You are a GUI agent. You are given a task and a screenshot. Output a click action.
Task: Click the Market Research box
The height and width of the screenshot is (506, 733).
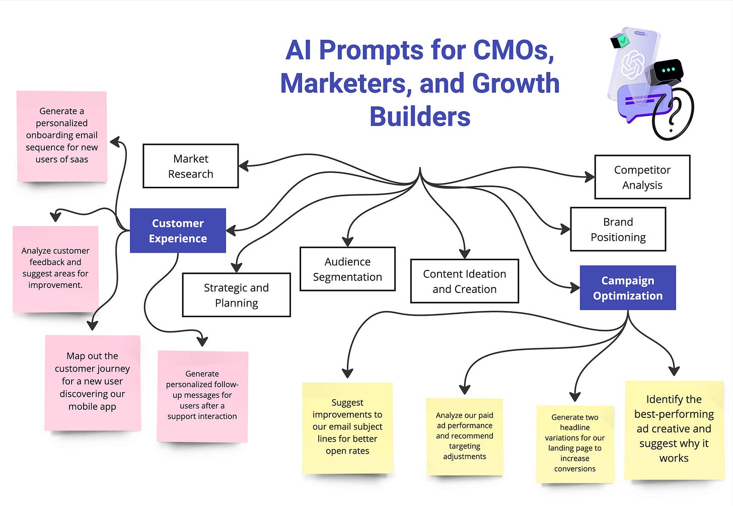coord(190,166)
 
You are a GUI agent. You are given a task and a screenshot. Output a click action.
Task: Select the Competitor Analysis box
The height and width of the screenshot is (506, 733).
coord(642,177)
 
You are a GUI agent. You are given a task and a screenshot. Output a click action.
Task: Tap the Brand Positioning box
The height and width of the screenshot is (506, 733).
coord(618,229)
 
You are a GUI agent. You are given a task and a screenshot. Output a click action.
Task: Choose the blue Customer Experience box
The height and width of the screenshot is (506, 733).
coord(178,231)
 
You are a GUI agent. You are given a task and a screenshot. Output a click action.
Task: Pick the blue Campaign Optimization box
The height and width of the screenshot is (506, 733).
coord(627,288)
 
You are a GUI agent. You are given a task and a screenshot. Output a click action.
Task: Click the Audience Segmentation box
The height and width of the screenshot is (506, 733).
coord(347,269)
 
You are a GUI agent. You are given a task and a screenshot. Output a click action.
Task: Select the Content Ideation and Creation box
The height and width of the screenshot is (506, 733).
coord(464,281)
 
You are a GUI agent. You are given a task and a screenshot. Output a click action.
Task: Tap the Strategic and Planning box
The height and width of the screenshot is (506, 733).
coord(236,295)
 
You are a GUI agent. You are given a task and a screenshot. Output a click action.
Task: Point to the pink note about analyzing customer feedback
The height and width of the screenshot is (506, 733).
coord(55,268)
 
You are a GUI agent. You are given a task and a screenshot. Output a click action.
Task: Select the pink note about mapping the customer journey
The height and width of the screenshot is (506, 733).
coord(93,382)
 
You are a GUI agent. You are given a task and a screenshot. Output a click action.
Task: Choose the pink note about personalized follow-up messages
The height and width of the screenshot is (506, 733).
coord(202,396)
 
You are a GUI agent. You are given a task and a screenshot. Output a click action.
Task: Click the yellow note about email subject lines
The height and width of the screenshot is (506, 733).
coord(347,427)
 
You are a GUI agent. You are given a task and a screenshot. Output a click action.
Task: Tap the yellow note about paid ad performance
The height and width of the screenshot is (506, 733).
coord(464,436)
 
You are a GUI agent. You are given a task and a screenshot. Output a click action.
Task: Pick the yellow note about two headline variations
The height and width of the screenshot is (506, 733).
coord(575,444)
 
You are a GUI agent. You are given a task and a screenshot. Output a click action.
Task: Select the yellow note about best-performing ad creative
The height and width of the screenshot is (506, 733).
coord(674,429)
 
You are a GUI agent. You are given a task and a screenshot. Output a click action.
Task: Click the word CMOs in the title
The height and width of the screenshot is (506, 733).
coord(514,50)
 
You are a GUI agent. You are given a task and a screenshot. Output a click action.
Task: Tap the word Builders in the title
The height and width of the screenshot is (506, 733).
coord(420,117)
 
